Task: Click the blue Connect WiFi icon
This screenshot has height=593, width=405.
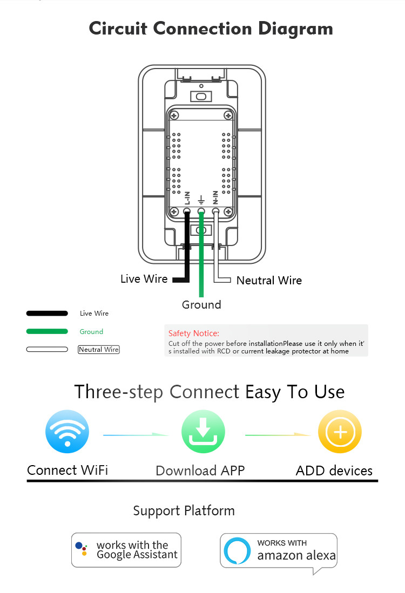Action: pyautogui.click(x=67, y=432)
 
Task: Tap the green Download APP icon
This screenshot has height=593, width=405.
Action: pyautogui.click(x=203, y=432)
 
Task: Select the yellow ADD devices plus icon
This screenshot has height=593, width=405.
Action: pyautogui.click(x=340, y=432)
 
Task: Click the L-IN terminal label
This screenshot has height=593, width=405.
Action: pyautogui.click(x=187, y=197)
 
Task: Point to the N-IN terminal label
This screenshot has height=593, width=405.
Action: pyautogui.click(x=215, y=197)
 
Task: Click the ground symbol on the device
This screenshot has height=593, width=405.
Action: pyautogui.click(x=201, y=199)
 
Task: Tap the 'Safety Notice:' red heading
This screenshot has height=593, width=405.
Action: pyautogui.click(x=194, y=333)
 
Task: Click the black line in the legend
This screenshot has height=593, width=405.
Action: pyautogui.click(x=47, y=313)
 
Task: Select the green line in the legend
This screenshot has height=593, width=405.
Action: pyautogui.click(x=47, y=331)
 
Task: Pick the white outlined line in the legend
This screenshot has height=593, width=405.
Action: pyautogui.click(x=47, y=350)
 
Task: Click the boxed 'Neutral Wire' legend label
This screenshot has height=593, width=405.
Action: pyautogui.click(x=99, y=350)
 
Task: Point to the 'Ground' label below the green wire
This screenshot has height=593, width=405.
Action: pyautogui.click(x=201, y=304)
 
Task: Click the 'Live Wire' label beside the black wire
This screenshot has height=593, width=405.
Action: pyautogui.click(x=144, y=279)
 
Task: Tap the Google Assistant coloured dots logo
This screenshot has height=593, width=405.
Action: pyautogui.click(x=82, y=549)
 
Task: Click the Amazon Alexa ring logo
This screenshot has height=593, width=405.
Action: pyautogui.click(x=237, y=550)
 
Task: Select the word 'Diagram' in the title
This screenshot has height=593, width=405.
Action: pyautogui.click(x=295, y=29)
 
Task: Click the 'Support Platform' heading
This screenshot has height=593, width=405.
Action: pyautogui.click(x=184, y=511)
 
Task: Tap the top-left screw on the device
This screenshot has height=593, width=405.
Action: pyautogui.click(x=174, y=115)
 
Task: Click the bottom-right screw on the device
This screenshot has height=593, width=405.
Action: pyautogui.click(x=228, y=212)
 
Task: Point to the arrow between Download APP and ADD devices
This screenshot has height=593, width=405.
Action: pyautogui.click(x=278, y=435)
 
